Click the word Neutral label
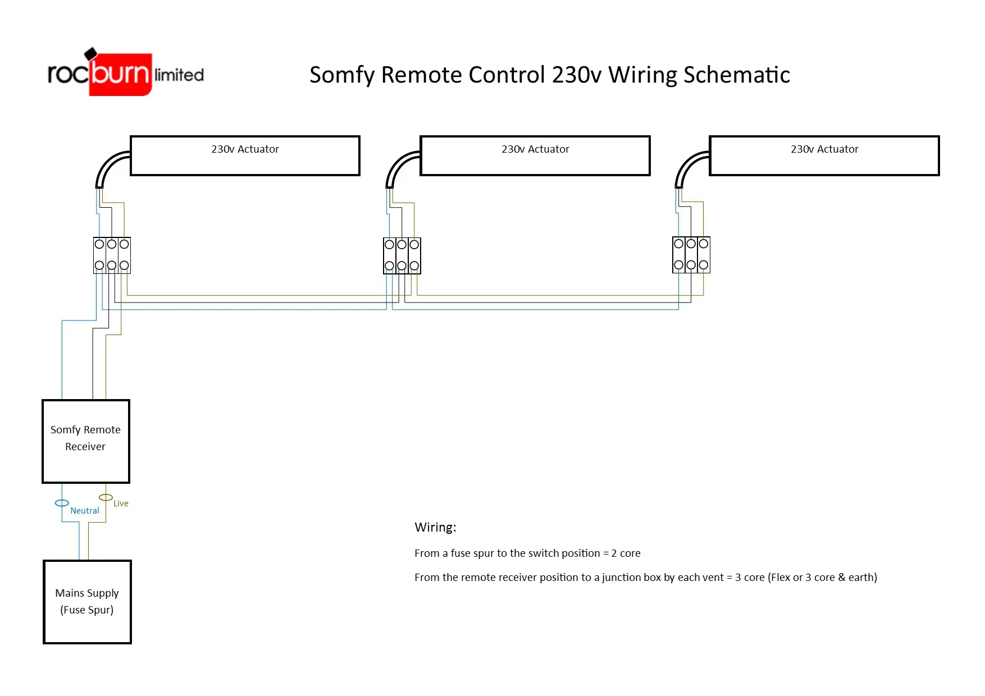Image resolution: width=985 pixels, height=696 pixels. (85, 511)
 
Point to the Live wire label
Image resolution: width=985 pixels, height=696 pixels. (121, 503)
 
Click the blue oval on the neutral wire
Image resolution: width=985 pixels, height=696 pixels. (62, 503)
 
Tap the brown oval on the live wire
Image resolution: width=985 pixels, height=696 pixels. (106, 497)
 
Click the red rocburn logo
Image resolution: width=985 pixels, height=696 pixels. (120, 75)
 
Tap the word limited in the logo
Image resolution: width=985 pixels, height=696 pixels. (179, 75)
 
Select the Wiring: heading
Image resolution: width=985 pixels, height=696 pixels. (435, 527)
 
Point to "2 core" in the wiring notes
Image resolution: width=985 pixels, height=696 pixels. (626, 553)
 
